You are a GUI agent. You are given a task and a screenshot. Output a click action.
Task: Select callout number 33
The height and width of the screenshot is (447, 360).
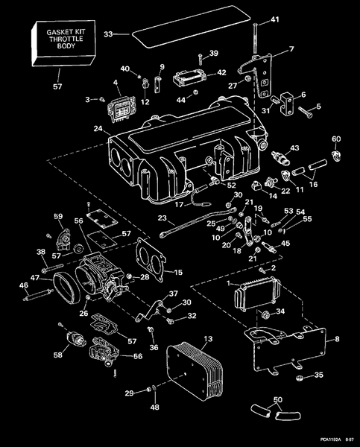[108, 34]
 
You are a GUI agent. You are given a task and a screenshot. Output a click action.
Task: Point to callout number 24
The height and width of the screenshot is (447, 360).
[98, 130]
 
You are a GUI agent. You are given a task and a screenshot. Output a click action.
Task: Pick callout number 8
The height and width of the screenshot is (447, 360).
[337, 339]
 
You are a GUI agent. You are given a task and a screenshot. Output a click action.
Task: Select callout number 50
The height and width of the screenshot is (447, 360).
[277, 401]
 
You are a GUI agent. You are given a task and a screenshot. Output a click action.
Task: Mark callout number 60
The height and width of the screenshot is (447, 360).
[336, 139]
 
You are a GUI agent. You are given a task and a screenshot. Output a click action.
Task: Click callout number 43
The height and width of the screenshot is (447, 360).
[294, 148]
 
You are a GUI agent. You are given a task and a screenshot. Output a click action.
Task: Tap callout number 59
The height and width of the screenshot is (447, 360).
[57, 217]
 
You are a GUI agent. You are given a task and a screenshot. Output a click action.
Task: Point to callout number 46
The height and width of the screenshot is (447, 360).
[23, 285]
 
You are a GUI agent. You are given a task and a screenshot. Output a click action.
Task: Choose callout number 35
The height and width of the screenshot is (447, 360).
[318, 375]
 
